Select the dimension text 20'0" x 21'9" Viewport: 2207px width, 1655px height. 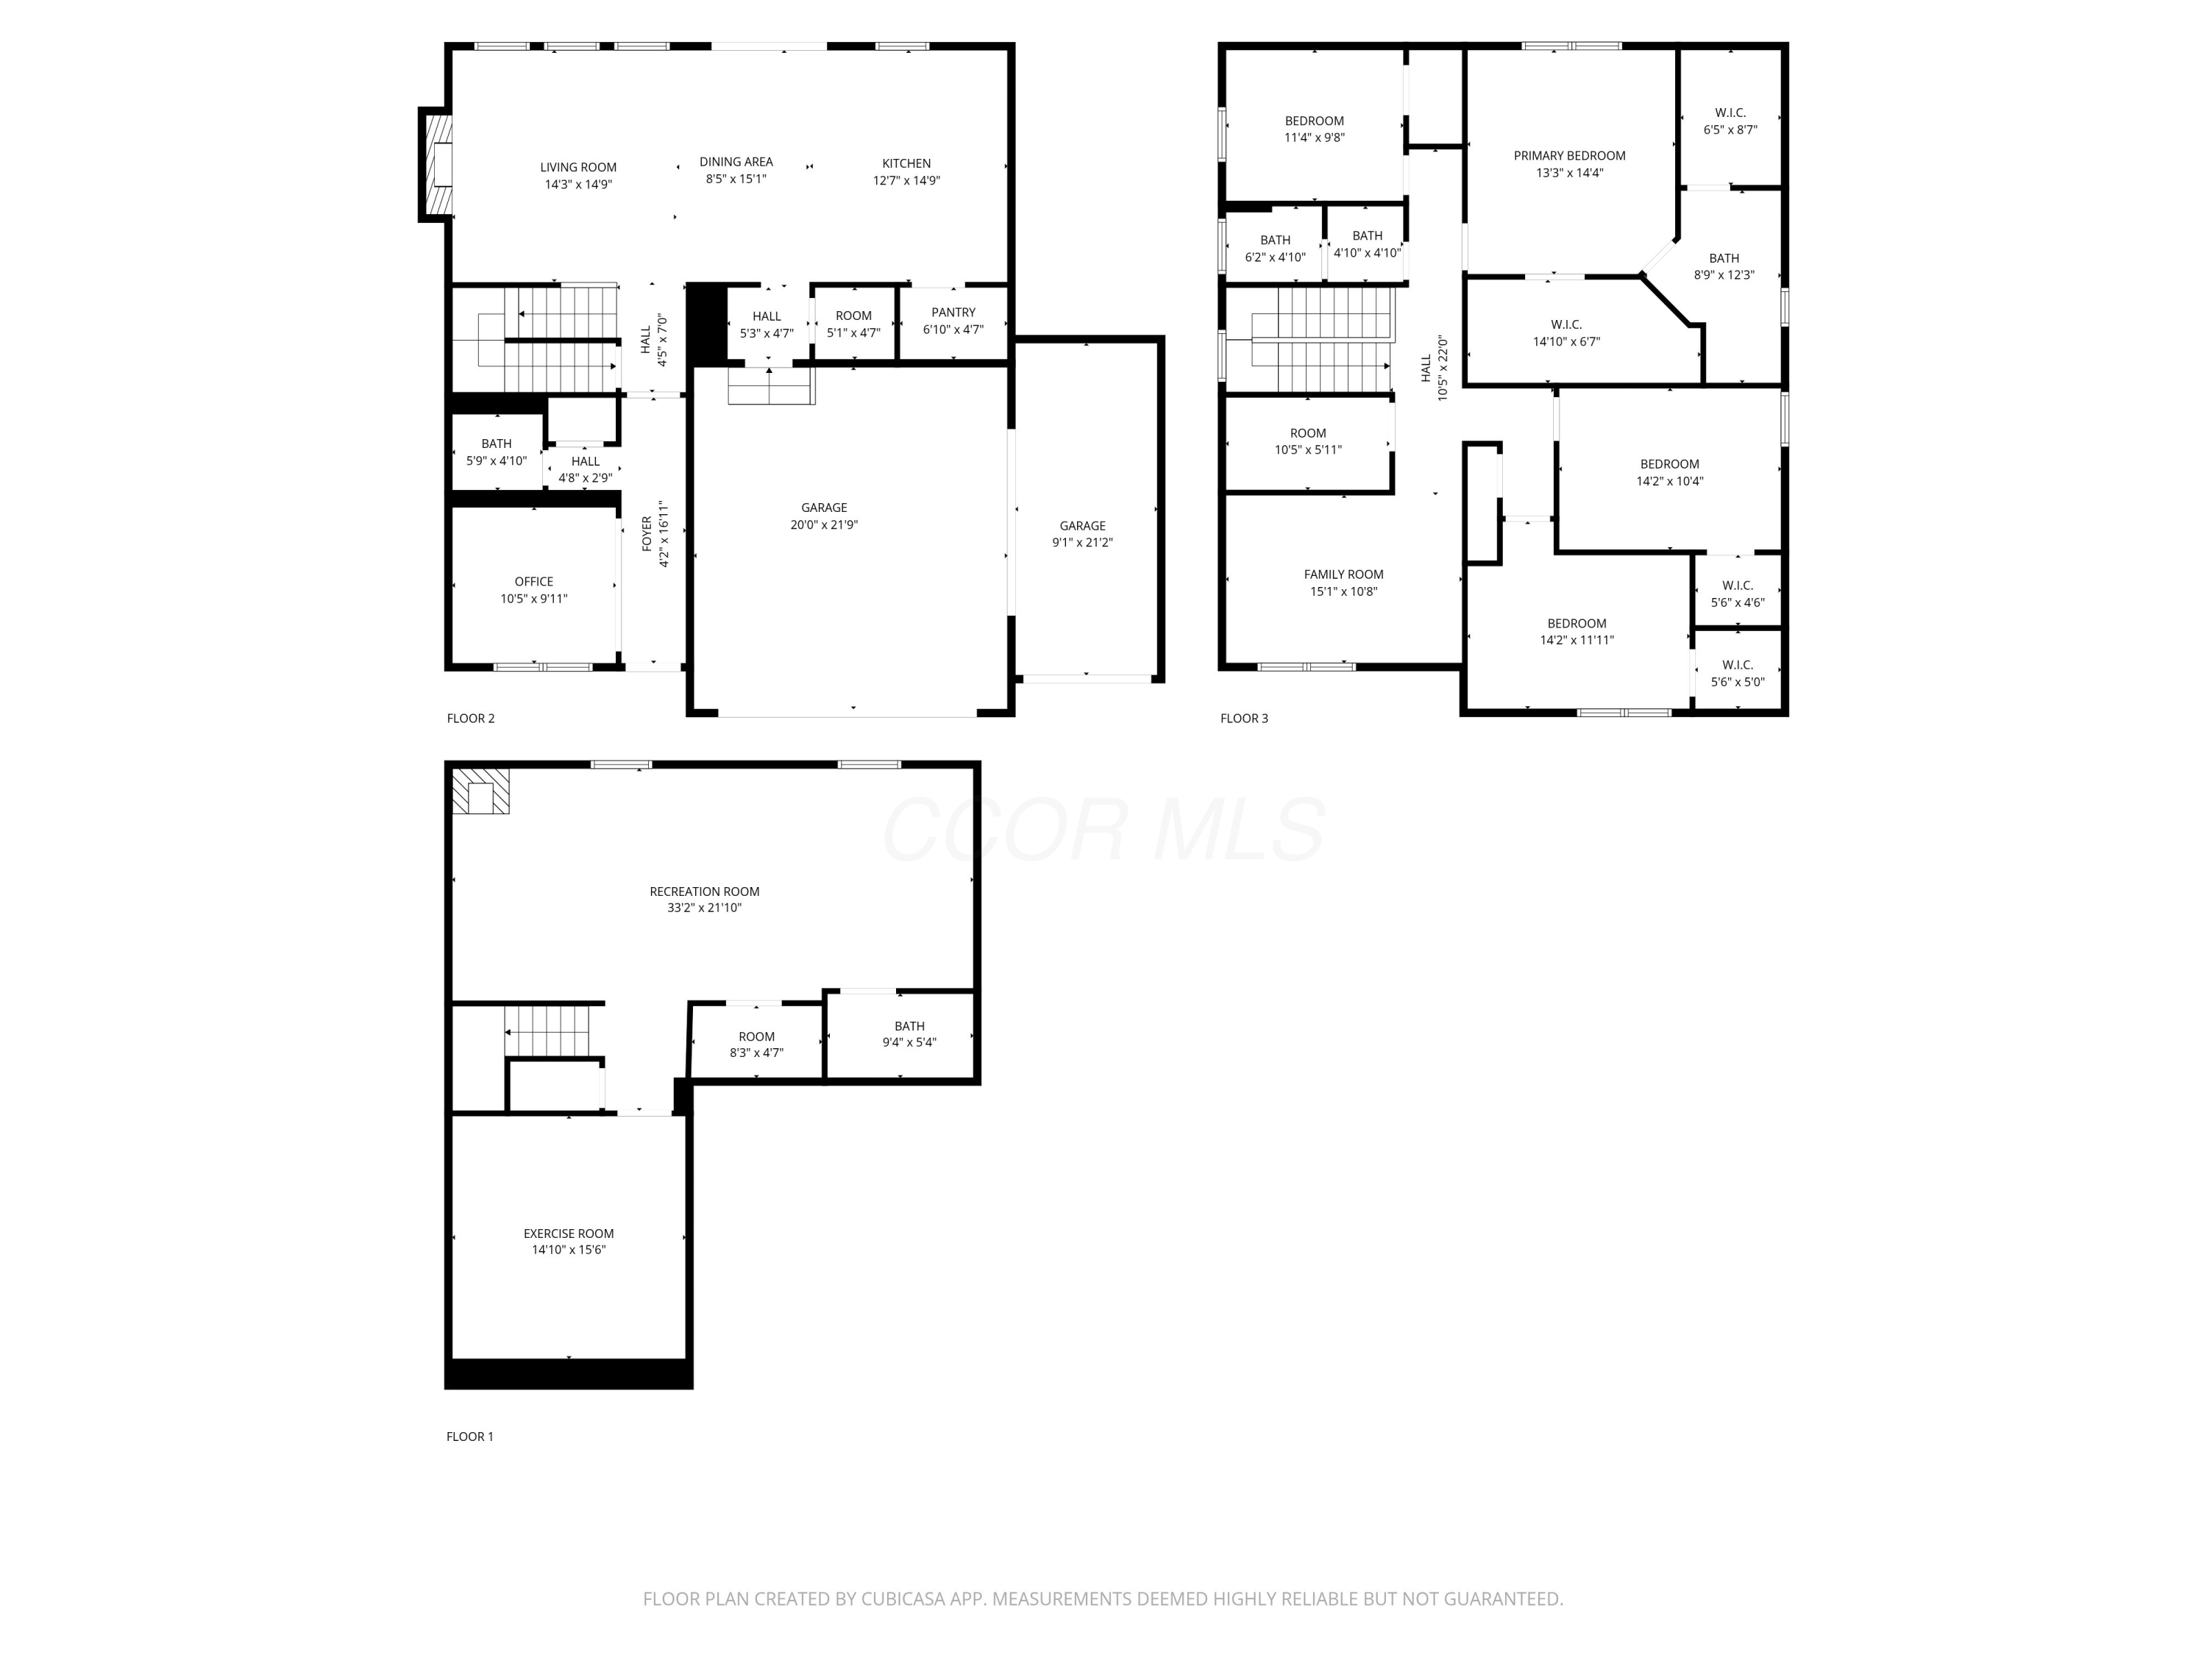[823, 524]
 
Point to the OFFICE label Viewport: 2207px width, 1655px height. [534, 582]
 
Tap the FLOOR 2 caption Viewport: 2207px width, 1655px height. [470, 718]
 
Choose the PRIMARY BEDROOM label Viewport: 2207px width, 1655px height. [1568, 156]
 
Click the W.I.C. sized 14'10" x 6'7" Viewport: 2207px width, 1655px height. [1565, 333]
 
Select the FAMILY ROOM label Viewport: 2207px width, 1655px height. [1343, 574]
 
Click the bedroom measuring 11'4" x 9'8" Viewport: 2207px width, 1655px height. [1314, 129]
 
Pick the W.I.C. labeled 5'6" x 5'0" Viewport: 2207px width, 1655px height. [1737, 673]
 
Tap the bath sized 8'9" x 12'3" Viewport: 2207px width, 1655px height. [1723, 266]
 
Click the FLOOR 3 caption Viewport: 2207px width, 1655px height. [1243, 718]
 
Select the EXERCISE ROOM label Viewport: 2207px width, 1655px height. [568, 1234]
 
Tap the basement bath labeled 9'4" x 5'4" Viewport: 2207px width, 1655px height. [909, 1034]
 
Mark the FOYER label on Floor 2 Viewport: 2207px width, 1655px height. [647, 534]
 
